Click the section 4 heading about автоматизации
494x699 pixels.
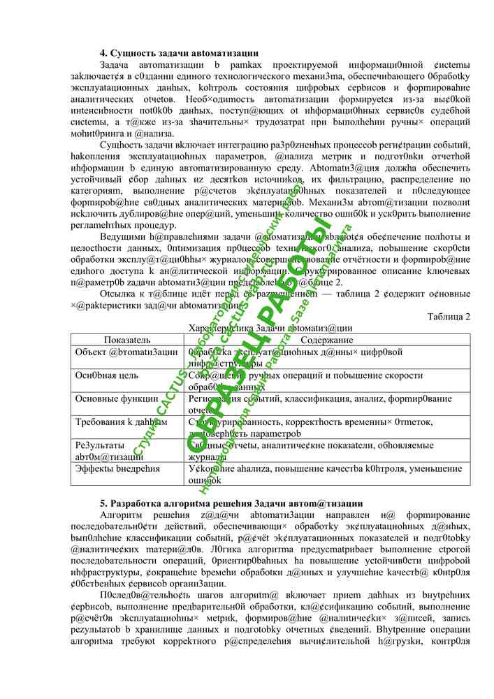click(x=179, y=52)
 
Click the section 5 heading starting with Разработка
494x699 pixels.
click(x=231, y=503)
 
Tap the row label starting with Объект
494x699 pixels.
click(x=124, y=352)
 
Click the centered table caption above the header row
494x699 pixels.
click(x=270, y=327)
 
